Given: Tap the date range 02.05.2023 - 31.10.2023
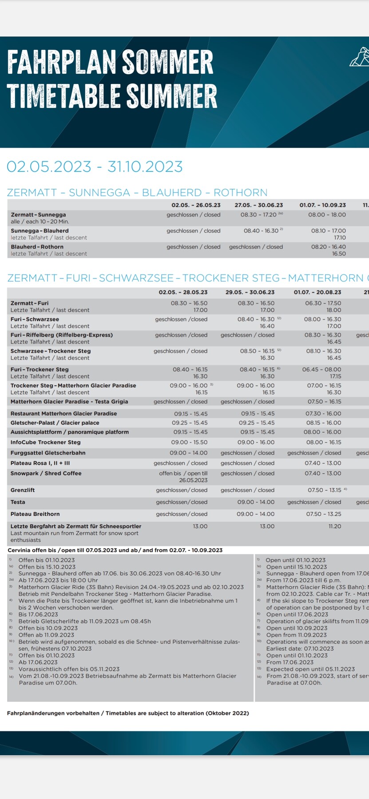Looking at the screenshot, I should tap(95, 166).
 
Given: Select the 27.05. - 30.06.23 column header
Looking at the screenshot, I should tap(258, 205).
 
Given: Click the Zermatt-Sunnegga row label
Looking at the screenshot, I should tap(38, 215).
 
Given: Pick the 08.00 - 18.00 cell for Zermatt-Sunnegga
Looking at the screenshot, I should tap(327, 215).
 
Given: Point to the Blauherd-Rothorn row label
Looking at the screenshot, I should tap(37, 247).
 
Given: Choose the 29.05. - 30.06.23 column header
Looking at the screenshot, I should tap(250, 292).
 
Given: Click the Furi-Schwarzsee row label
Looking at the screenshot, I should tap(35, 319).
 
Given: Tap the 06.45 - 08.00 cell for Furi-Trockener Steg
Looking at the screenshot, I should tap(321, 369).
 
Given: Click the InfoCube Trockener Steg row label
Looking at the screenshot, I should tap(46, 442).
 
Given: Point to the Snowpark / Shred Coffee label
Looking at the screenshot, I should tap(46, 473).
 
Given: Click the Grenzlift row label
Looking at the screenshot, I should tap(23, 490).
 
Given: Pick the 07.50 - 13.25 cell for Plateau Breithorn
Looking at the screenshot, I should tap(324, 514).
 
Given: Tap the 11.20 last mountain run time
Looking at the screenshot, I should tap(335, 526).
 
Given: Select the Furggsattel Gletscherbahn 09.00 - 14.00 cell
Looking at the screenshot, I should tap(188, 453).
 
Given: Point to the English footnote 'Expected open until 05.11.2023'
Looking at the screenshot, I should tap(310, 669).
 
